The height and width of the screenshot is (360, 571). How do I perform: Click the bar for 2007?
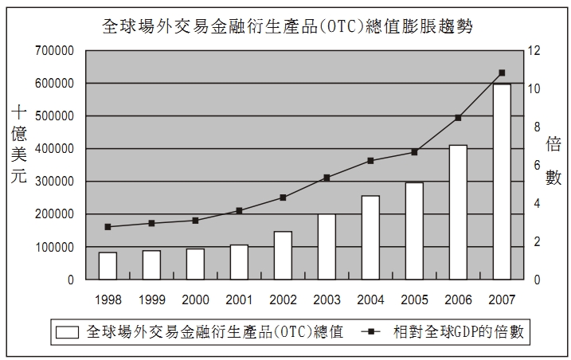pyautogui.click(x=502, y=182)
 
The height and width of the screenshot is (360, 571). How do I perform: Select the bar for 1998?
pyautogui.click(x=108, y=266)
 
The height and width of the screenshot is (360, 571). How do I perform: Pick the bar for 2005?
pyautogui.click(x=414, y=231)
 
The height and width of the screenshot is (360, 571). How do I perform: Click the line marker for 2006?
pyautogui.click(x=458, y=118)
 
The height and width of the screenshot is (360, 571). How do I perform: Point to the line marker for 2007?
pyautogui.click(x=502, y=72)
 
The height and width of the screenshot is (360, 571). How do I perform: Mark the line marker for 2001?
pyautogui.click(x=239, y=210)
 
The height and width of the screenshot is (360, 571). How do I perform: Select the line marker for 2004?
pyautogui.click(x=370, y=161)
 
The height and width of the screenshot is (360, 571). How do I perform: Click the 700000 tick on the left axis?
pyautogui.click(x=55, y=51)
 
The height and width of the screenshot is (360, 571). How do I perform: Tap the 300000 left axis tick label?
pyautogui.click(x=55, y=182)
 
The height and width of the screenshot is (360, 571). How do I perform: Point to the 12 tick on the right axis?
pyautogui.click(x=533, y=51)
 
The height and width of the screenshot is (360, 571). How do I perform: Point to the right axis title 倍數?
pyautogui.click(x=553, y=160)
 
